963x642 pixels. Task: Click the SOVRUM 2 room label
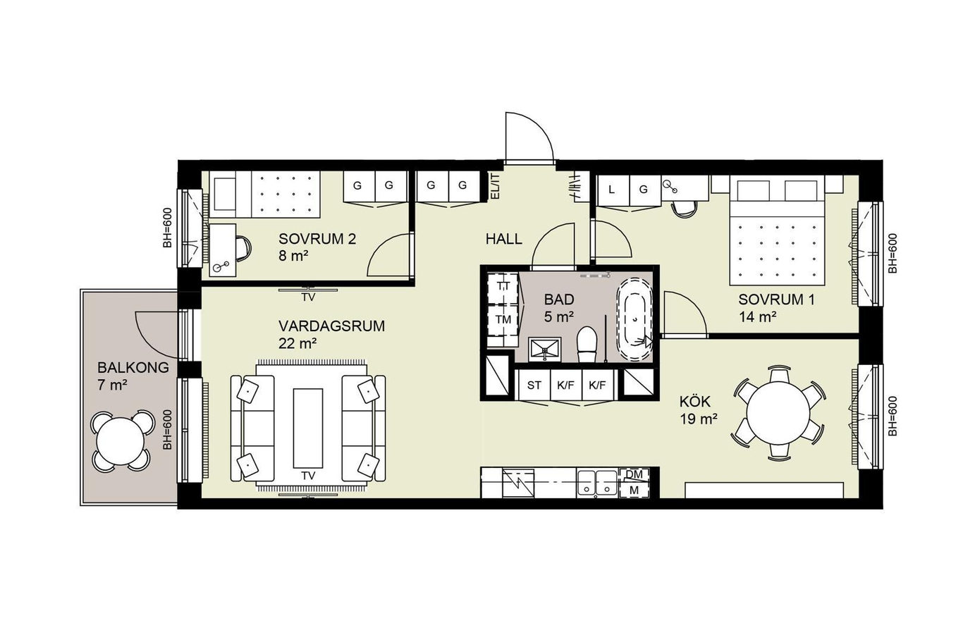(317, 239)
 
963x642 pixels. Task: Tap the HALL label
(504, 239)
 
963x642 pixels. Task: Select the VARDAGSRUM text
(331, 326)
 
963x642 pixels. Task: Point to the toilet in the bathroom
(587, 344)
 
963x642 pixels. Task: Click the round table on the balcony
(121, 441)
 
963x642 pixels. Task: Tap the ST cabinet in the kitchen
(534, 385)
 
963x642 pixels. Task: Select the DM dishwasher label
(634, 474)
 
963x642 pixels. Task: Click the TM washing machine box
(503, 320)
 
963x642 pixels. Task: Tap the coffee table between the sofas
(308, 428)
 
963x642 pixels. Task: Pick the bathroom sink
(545, 350)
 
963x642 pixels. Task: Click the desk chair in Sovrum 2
(243, 248)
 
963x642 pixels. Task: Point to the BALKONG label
(133, 368)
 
